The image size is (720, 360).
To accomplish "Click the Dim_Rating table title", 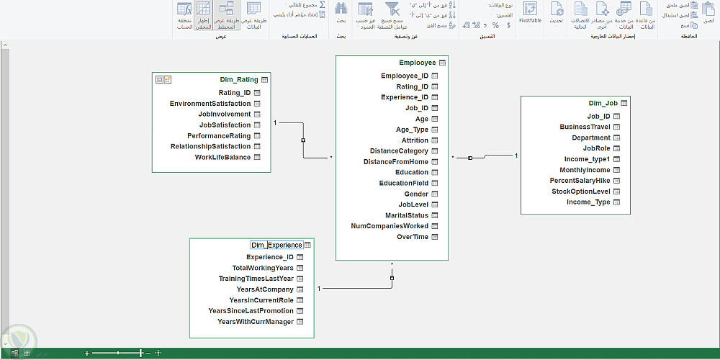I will [x=238, y=80].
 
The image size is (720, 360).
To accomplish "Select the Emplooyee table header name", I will [x=417, y=63].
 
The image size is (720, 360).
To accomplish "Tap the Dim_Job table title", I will [x=603, y=103].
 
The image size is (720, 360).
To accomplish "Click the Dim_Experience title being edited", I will [x=276, y=246].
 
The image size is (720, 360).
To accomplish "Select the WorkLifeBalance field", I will [x=222, y=158].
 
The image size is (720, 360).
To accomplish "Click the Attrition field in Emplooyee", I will [x=415, y=140].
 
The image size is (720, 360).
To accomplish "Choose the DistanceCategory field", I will [x=399, y=151].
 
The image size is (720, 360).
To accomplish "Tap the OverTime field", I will [x=412, y=237].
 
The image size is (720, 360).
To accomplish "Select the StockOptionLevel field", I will [x=580, y=192].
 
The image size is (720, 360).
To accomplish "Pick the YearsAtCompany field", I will [x=265, y=289].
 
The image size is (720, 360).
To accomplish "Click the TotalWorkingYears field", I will [x=263, y=268].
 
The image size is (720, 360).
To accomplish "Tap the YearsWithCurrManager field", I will [x=256, y=322].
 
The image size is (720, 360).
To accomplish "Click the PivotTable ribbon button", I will [x=530, y=12].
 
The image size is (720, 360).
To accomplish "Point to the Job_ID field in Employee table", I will [x=417, y=108].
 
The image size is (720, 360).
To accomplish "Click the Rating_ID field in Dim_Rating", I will [x=235, y=93].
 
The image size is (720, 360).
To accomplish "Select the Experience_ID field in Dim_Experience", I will [x=270, y=257].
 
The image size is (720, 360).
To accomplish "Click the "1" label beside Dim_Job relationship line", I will [x=516, y=156].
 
